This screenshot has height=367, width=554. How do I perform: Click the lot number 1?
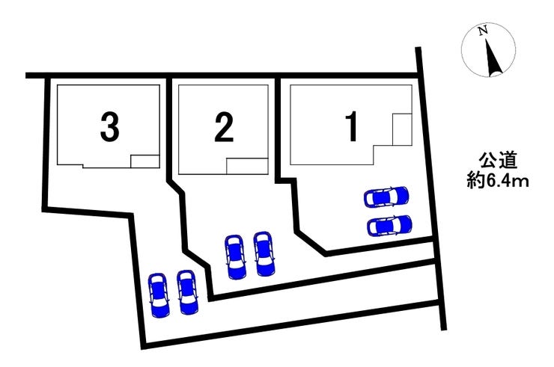point(349,129)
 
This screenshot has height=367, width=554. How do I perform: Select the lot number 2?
point(222,129)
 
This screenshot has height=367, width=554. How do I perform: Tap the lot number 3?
point(109,129)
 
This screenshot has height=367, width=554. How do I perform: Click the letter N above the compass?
point(484,31)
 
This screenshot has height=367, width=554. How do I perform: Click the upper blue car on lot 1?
point(386,197)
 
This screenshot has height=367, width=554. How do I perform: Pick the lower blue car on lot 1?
point(389,225)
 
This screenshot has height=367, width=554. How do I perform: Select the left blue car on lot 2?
point(235,256)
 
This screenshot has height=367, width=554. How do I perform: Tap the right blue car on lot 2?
point(264,253)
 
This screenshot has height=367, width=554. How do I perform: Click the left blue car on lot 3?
point(158,294)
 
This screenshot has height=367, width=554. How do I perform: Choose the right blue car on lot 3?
point(186,291)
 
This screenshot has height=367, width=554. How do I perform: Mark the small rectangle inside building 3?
point(145,161)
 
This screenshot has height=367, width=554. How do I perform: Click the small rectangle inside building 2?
point(246,166)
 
